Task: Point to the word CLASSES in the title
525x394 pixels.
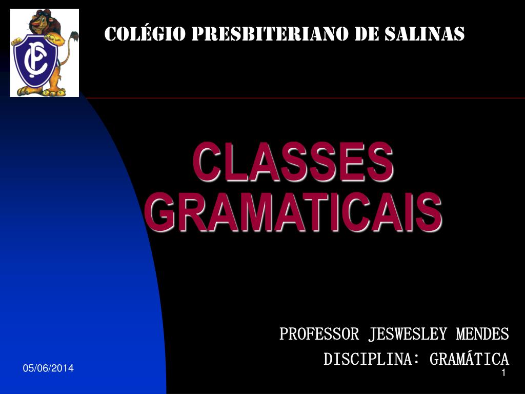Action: click(x=293, y=163)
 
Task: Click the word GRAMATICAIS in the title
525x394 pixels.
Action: click(x=293, y=211)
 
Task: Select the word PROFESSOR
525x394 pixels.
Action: click(x=319, y=334)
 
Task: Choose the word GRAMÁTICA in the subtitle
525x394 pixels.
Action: click(x=469, y=359)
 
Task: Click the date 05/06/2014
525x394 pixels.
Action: click(x=48, y=368)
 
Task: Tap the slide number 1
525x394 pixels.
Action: click(x=503, y=373)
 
